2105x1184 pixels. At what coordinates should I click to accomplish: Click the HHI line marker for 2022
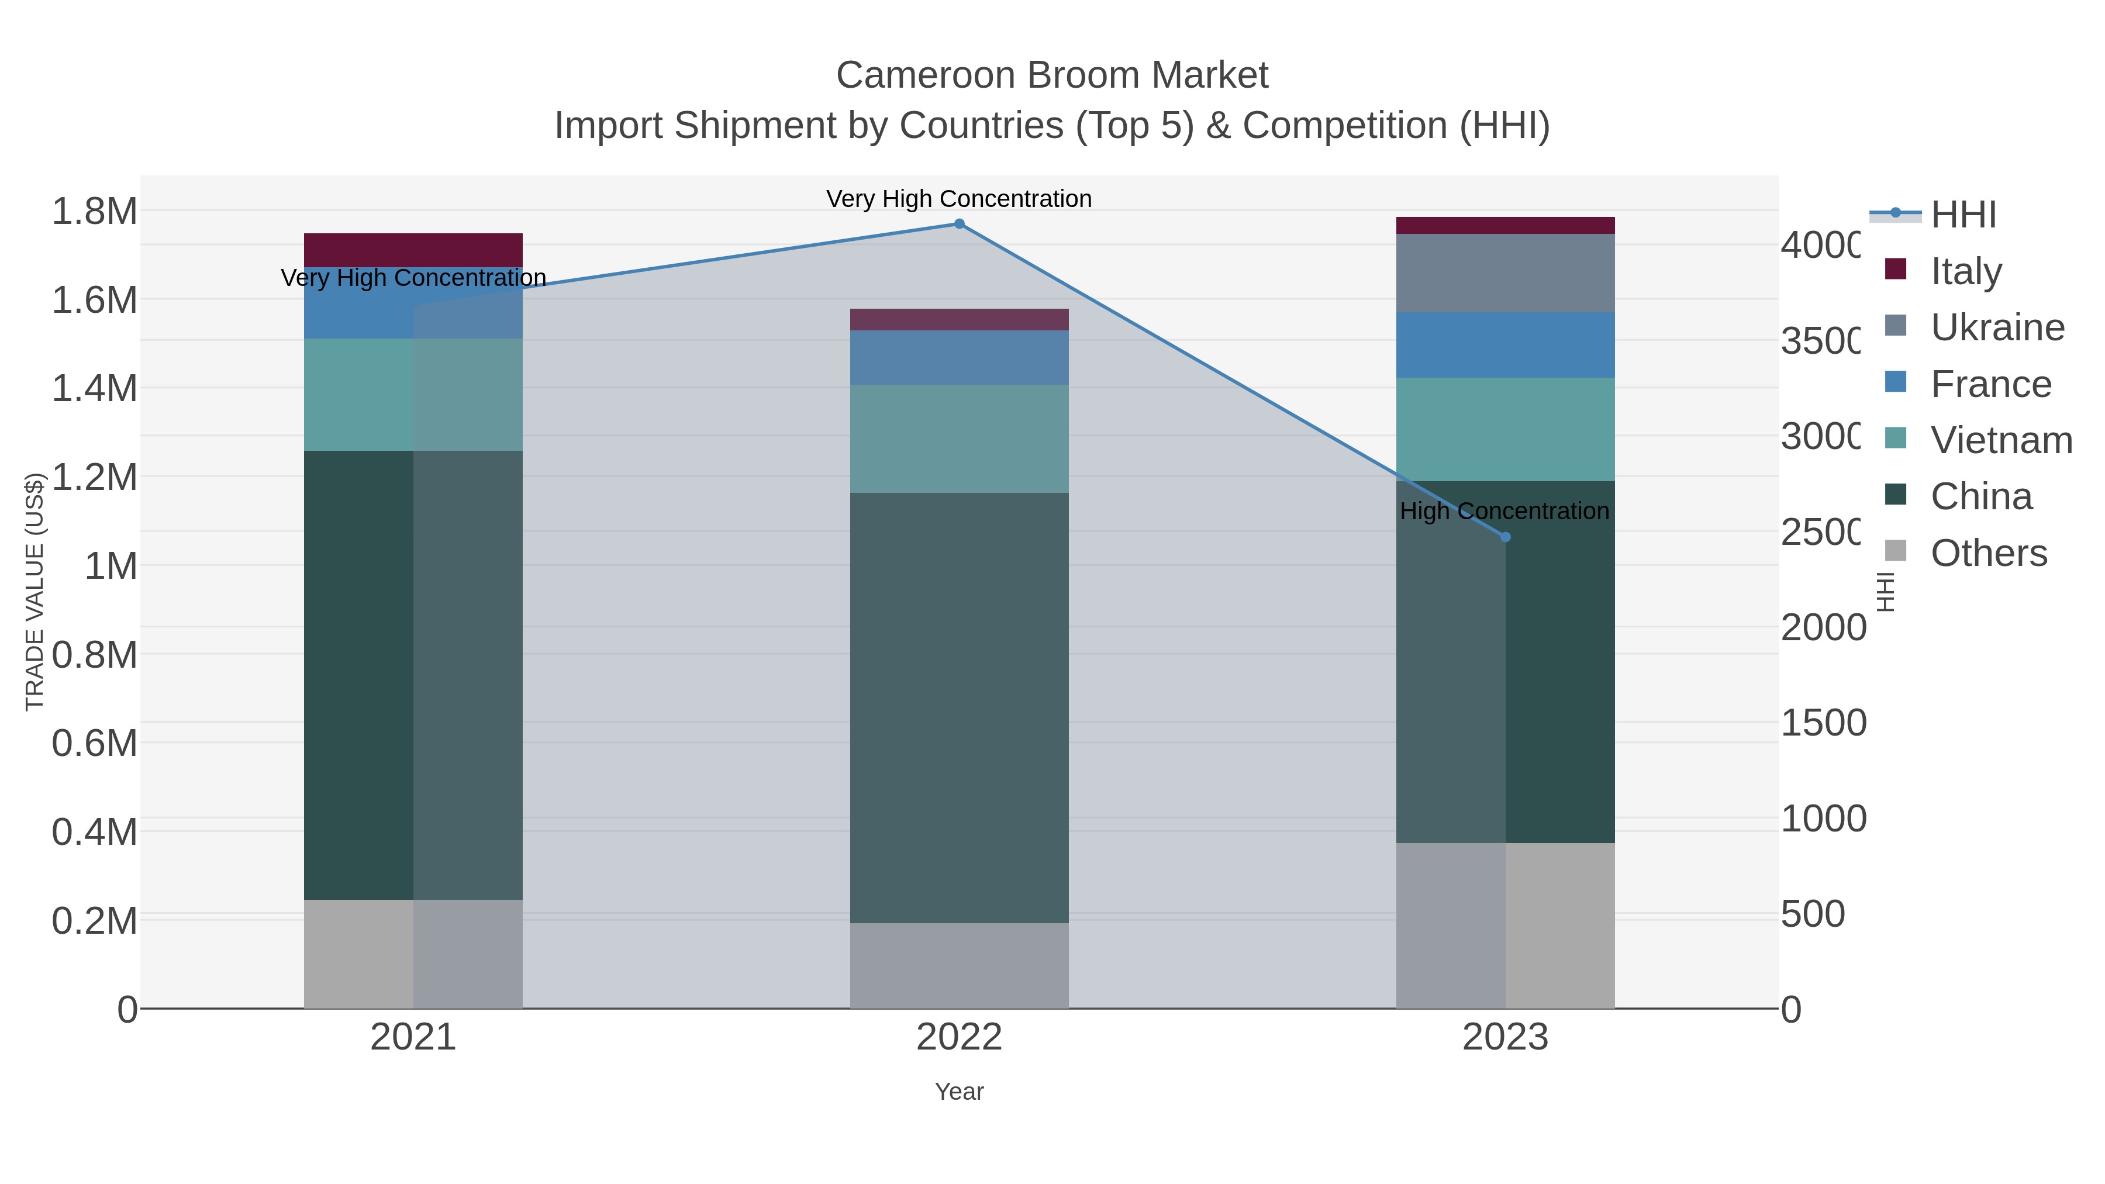(x=960, y=224)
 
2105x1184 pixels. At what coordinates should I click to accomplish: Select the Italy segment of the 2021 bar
(x=413, y=250)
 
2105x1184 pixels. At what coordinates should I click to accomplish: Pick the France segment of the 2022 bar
(x=960, y=357)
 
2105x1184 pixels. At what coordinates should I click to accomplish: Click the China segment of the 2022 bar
(x=960, y=707)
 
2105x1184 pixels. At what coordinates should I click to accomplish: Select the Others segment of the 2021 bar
(x=413, y=954)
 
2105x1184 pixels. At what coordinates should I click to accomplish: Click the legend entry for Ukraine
(x=1997, y=327)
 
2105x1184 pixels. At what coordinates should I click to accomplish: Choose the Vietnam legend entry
(x=2002, y=440)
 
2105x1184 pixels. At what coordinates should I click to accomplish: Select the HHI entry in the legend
(x=1963, y=215)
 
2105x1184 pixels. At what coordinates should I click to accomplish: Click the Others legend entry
(x=1988, y=553)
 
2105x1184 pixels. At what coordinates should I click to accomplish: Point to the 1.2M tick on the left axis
(x=95, y=477)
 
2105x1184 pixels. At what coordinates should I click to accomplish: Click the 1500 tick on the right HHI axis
(x=1823, y=723)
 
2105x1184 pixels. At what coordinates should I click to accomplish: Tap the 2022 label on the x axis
(x=960, y=1038)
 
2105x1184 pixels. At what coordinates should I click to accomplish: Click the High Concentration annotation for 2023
(x=1504, y=512)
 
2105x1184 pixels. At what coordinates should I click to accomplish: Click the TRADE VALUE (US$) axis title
(x=34, y=592)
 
